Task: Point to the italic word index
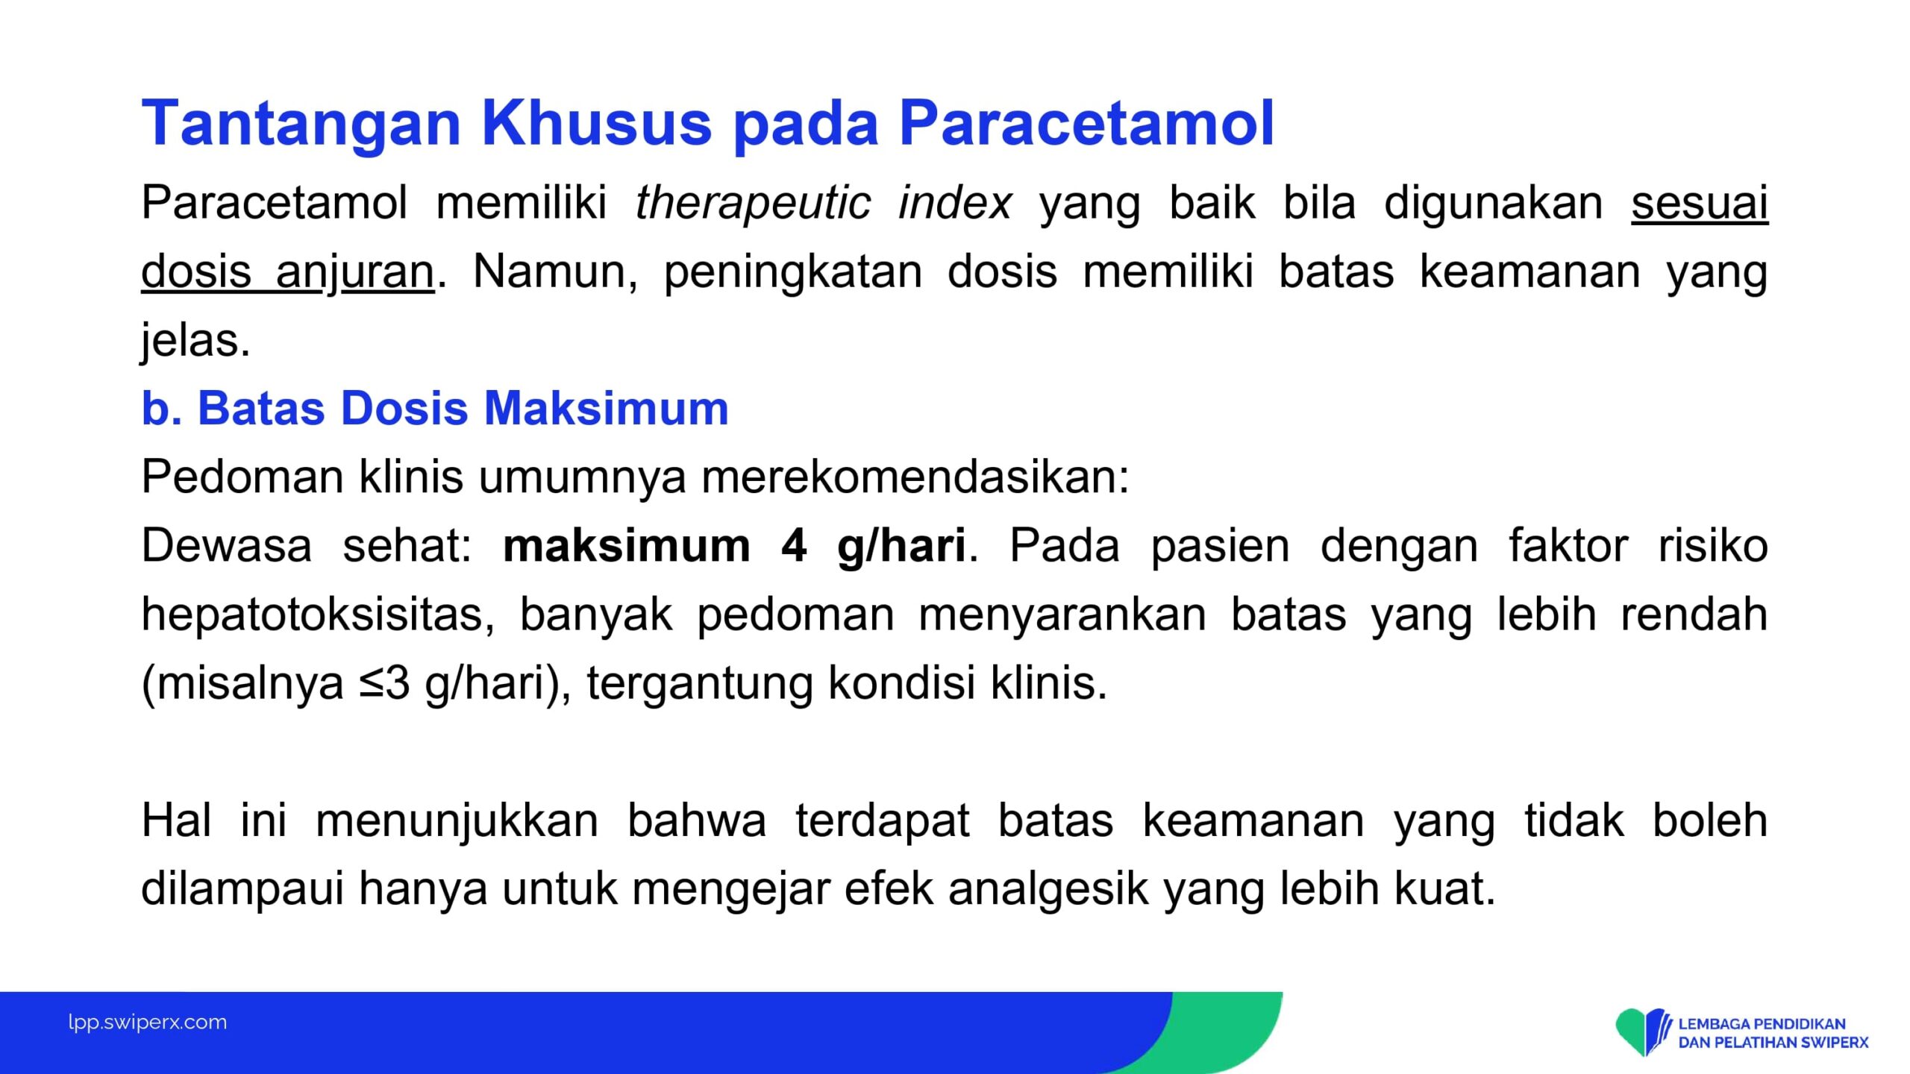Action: point(954,203)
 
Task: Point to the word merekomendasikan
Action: point(915,477)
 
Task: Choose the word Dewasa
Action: point(227,546)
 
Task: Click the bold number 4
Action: point(794,546)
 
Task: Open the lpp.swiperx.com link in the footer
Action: point(148,1023)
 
